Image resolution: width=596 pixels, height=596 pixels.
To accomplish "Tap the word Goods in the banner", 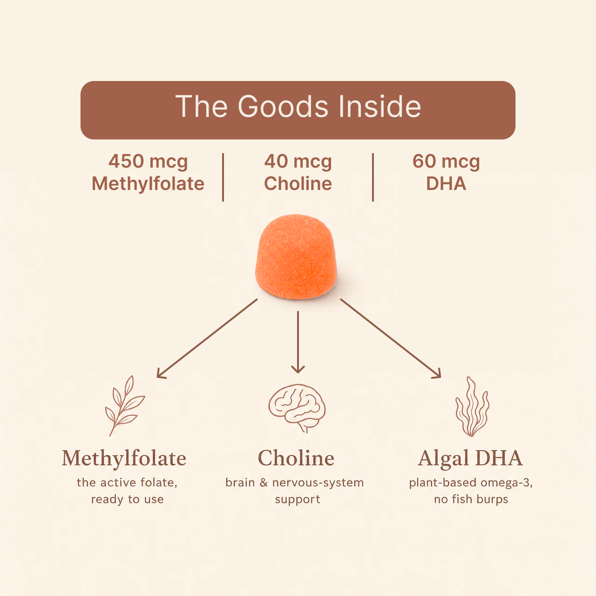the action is (x=283, y=107).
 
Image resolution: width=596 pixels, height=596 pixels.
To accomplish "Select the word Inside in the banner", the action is (x=380, y=106).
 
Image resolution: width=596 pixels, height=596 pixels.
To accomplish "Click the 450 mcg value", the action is (x=148, y=162).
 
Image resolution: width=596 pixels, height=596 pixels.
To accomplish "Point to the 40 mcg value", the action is (x=298, y=162).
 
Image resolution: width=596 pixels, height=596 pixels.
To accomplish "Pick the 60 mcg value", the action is (x=446, y=162).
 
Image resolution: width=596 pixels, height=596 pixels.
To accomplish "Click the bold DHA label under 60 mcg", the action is (x=446, y=184).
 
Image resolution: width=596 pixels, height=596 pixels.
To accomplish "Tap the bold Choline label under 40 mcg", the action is (x=298, y=184).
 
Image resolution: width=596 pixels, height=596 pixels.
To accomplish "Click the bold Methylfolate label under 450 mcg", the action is (x=148, y=184).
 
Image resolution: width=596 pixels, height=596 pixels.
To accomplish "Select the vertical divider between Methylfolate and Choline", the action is (x=223, y=177).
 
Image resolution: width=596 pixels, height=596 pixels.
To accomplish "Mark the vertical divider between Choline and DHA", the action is (x=373, y=177).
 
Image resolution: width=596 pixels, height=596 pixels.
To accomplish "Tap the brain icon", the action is (x=297, y=408).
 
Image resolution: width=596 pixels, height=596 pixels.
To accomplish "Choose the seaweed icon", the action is (x=472, y=406).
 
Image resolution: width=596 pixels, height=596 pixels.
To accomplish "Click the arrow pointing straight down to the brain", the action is (x=298, y=342).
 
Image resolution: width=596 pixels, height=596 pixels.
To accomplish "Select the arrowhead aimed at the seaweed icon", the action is (x=437, y=373).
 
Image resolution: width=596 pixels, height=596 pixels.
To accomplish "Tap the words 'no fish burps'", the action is (x=471, y=500).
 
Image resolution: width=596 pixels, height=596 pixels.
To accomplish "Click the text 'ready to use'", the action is (x=128, y=500).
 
